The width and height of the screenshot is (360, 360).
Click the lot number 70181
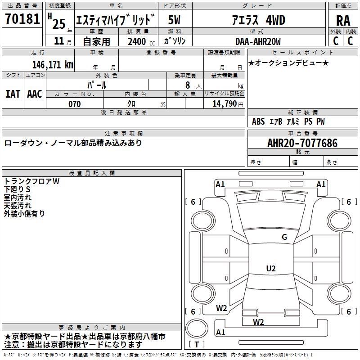(22, 19)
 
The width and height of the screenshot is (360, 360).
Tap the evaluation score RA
(343, 21)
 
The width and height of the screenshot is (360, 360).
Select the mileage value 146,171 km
(53, 65)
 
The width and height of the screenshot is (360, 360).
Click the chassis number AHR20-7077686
(302, 143)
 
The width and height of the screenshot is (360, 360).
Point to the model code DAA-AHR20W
(258, 41)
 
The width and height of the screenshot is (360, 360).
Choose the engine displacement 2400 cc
(141, 41)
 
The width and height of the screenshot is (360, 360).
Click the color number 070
(74, 104)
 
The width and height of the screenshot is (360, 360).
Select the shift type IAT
(13, 94)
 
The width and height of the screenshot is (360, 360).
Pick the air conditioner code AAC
(35, 94)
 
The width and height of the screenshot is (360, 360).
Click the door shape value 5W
(174, 20)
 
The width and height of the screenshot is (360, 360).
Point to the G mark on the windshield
(284, 237)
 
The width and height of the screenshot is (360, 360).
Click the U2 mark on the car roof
(271, 268)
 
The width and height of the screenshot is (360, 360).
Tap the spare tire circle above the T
(197, 328)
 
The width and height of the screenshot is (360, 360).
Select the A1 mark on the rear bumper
(220, 332)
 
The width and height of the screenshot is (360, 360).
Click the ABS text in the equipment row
(258, 121)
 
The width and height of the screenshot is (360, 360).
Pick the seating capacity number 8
(188, 85)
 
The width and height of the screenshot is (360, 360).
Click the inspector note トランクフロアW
(31, 181)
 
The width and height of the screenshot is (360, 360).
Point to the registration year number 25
(59, 24)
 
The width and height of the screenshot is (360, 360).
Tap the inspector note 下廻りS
(17, 189)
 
